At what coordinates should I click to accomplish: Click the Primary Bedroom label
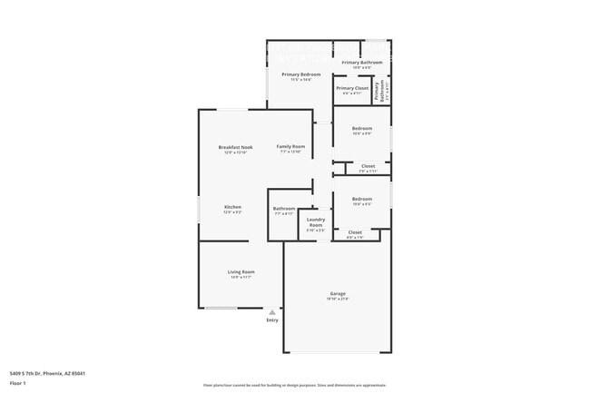300,74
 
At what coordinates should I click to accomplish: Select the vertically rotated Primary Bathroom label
380,92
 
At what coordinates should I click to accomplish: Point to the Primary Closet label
351,89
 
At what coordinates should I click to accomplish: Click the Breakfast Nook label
235,147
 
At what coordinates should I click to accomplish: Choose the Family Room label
290,147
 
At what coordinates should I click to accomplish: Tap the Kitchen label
233,207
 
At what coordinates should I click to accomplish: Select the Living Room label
241,272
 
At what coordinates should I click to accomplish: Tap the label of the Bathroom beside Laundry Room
284,209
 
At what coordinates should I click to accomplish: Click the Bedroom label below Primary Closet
362,129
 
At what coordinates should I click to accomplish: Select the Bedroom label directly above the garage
362,199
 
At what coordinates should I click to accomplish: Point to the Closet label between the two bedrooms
368,166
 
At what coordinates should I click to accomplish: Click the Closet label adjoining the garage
355,232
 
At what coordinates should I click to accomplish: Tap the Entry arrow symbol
272,311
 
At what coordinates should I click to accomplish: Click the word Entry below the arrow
272,320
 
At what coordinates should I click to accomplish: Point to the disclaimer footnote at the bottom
294,385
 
